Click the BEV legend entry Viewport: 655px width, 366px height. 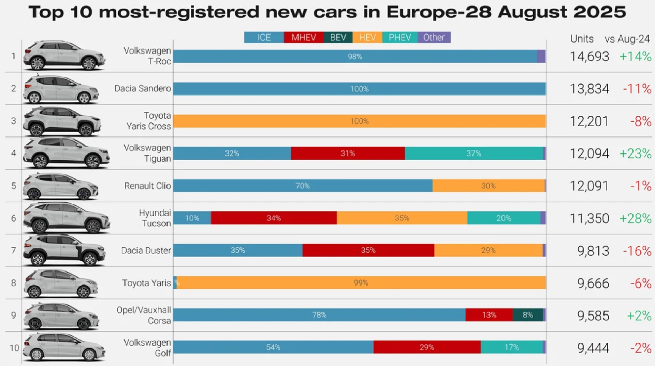[x=338, y=38]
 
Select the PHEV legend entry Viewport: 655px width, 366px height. [x=400, y=38]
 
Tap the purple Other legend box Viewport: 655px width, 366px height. [x=434, y=38]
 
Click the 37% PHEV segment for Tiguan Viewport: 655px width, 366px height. [x=474, y=153]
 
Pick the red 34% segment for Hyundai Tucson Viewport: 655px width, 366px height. [x=274, y=218]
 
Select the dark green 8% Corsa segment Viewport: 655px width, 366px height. [x=528, y=315]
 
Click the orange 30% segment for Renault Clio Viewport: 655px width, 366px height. [x=488, y=186]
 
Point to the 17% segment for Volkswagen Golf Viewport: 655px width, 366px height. [x=512, y=347]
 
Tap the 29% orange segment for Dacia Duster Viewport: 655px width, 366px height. [x=488, y=250]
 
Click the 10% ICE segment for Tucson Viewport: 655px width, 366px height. [x=192, y=218]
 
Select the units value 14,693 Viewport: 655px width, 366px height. [x=589, y=57]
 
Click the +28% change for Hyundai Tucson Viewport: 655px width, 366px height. [x=635, y=218]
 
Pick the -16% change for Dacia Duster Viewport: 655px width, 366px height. [x=637, y=251]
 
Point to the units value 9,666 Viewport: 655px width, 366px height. [x=593, y=283]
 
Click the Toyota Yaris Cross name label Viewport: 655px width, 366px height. [x=148, y=121]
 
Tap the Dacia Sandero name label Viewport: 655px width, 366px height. [x=143, y=89]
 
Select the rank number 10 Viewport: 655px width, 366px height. [x=14, y=348]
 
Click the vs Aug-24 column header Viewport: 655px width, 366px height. [x=627, y=39]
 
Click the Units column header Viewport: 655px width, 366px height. [x=582, y=39]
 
